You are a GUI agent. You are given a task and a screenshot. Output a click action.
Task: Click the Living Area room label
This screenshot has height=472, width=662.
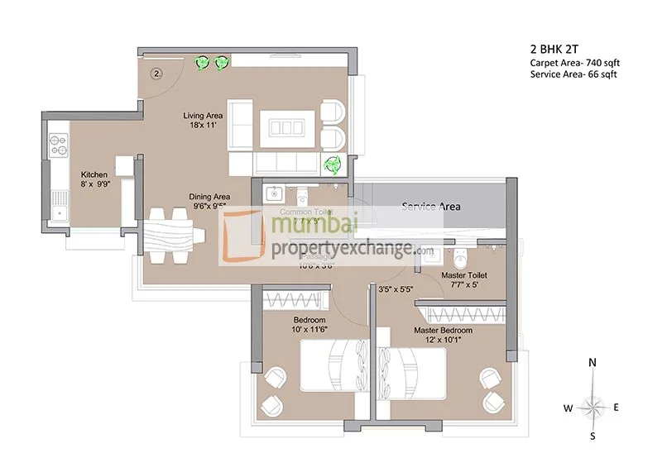(202, 117)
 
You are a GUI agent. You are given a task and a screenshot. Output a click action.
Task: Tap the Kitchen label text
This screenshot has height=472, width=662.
(94, 174)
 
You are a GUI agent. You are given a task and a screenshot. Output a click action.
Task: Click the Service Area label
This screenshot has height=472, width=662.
(430, 206)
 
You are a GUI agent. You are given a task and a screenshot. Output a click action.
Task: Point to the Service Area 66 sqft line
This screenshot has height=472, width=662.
(573, 74)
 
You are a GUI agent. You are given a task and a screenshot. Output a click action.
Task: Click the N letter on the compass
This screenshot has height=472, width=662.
(592, 362)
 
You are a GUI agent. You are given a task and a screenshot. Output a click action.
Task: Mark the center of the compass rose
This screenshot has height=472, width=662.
(592, 406)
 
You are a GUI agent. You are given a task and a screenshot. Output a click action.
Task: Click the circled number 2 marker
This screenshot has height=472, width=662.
(155, 73)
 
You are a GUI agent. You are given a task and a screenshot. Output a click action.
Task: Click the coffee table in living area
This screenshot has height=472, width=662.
(284, 128)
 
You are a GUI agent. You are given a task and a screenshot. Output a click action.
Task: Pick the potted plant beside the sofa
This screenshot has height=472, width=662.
(333, 164)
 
